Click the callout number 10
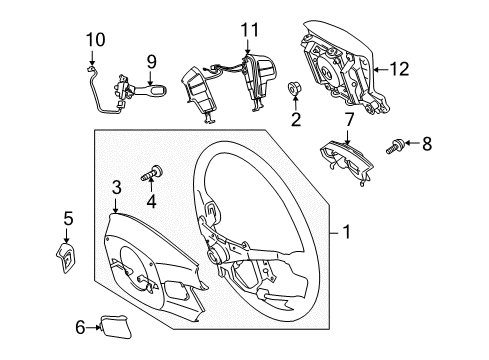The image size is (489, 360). pyautogui.click(x=96, y=40)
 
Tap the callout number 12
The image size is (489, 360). pyautogui.click(x=399, y=69)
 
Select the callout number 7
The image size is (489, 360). pyautogui.click(x=349, y=120)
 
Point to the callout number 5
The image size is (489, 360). pyautogui.click(x=68, y=219)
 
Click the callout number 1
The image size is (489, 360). pyautogui.click(x=347, y=232)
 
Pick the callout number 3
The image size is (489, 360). pyautogui.click(x=116, y=187)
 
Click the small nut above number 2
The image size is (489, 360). pyautogui.click(x=293, y=88)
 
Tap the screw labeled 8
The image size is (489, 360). pyautogui.click(x=395, y=147)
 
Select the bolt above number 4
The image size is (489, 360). pyautogui.click(x=152, y=173)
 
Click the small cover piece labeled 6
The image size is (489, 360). pyautogui.click(x=115, y=327)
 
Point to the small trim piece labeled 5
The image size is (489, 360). pyautogui.click(x=66, y=258)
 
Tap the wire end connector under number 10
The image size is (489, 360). pyautogui.click(x=91, y=69)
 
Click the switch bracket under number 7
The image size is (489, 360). pyautogui.click(x=347, y=162)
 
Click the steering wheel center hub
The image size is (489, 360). pyautogui.click(x=216, y=255)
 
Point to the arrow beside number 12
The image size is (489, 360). pyautogui.click(x=381, y=69)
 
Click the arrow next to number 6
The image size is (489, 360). pyautogui.click(x=92, y=327)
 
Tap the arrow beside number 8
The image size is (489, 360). pyautogui.click(x=413, y=143)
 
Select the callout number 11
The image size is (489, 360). pyautogui.click(x=250, y=30)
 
